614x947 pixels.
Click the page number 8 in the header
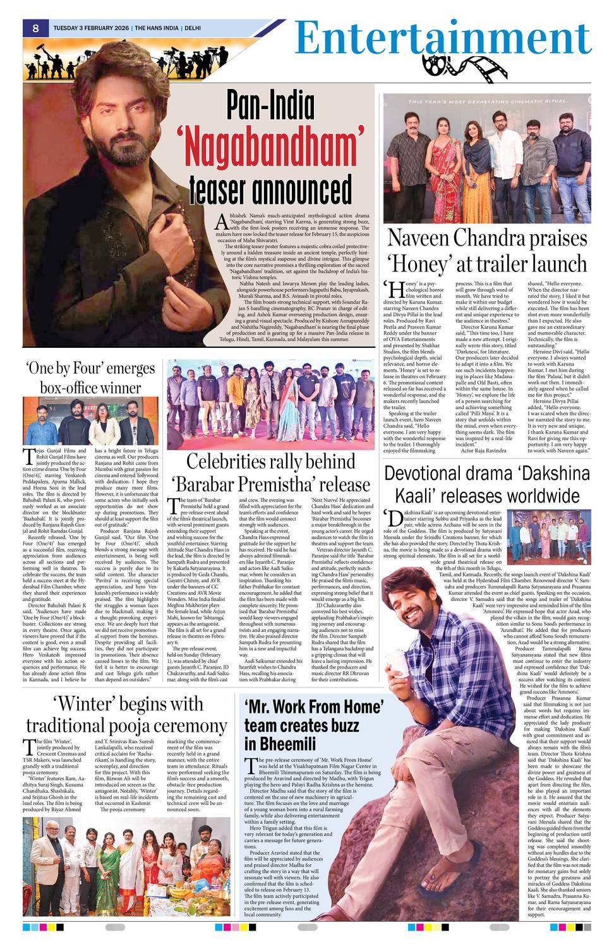(x=36, y=28)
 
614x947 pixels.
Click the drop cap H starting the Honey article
(x=395, y=289)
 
